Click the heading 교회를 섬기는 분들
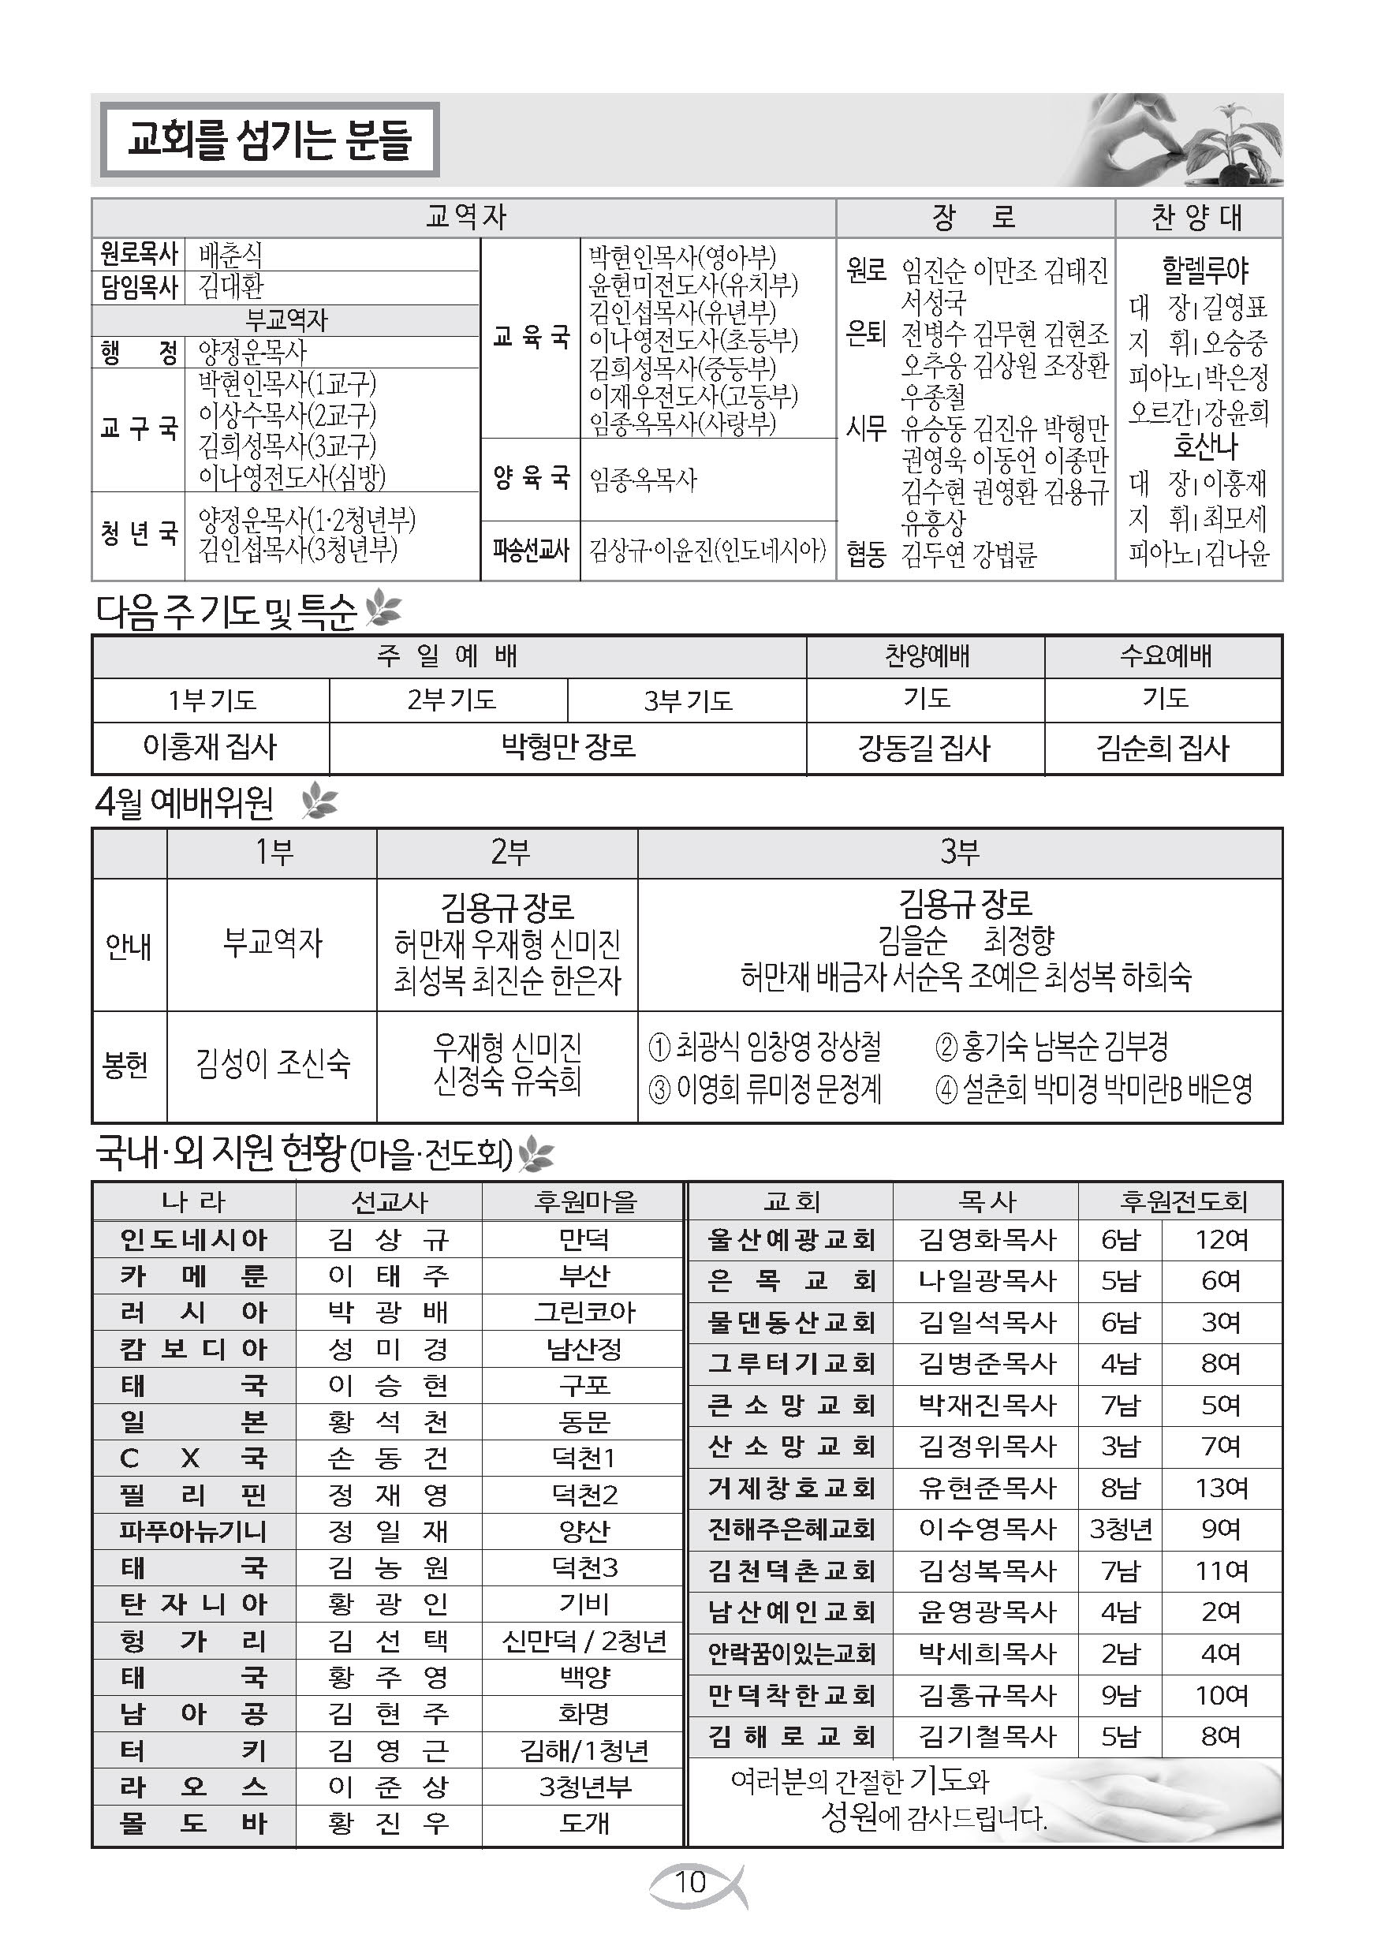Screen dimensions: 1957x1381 click(270, 140)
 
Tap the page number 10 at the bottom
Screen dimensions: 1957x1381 click(691, 1882)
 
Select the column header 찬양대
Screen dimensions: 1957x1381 click(1198, 218)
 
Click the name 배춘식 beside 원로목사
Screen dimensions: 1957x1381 click(230, 255)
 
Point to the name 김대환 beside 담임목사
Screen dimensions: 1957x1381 click(231, 286)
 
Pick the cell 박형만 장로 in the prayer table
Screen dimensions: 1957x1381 click(568, 748)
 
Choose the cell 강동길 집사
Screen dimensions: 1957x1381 click(924, 749)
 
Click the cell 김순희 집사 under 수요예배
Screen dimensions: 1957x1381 click(1163, 749)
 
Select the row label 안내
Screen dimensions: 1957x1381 click(128, 945)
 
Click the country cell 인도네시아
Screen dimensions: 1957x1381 click(193, 1239)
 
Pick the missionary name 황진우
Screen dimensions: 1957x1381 click(388, 1824)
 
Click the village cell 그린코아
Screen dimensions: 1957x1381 click(584, 1312)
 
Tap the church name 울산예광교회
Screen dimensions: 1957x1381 click(791, 1240)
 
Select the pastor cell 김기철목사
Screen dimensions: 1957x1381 click(987, 1736)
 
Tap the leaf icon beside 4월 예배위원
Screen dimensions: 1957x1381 click(319, 802)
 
